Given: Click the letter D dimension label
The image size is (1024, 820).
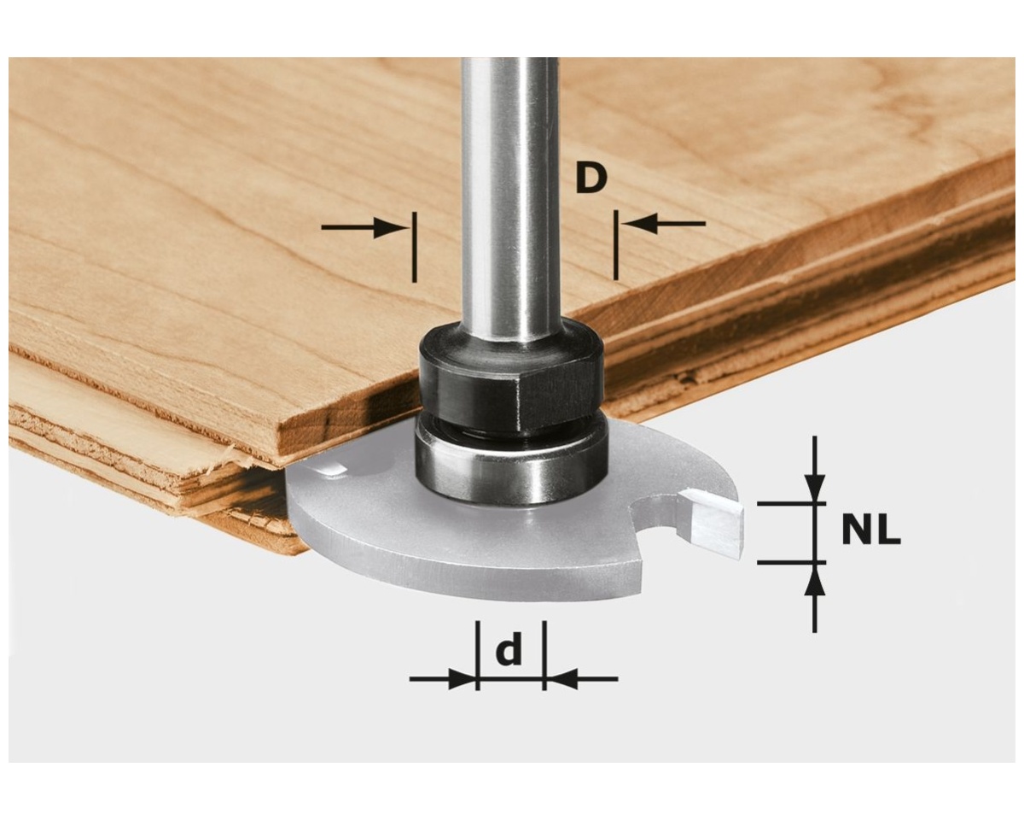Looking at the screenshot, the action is point(591,179).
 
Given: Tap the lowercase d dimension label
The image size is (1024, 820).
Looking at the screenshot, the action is point(509,649).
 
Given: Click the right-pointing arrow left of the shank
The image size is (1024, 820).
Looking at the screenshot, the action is point(364,228).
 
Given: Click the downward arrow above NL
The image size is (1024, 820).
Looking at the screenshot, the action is point(815,469).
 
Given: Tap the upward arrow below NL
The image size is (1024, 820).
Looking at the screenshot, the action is point(815,598).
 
